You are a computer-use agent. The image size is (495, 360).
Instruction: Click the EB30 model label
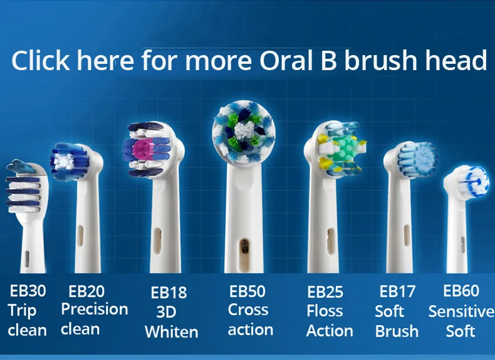pos(28,291)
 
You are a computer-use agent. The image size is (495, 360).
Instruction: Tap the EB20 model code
pos(86,291)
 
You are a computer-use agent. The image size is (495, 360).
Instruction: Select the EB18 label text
pos(169,292)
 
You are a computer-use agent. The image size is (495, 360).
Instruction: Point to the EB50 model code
pos(247,291)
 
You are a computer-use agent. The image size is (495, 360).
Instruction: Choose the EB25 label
pos(325,292)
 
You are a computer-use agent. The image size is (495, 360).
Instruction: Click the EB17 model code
pos(397,291)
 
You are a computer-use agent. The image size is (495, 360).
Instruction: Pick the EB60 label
pos(461,291)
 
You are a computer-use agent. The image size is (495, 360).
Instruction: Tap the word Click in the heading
pos(40,60)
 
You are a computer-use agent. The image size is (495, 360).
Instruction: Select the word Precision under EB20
pos(95,309)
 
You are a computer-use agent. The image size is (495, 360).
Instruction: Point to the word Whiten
pos(172,332)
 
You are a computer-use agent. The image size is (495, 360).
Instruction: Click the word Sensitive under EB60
pos(461,312)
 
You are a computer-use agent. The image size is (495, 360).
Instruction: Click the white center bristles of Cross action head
pos(244,130)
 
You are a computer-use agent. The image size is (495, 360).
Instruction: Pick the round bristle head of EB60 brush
pos(466,180)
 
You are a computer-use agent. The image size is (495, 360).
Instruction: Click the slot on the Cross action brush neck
pos(244,254)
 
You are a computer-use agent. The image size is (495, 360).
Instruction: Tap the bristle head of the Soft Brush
pos(416,159)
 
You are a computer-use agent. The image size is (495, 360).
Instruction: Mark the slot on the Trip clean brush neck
pos(27,259)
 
